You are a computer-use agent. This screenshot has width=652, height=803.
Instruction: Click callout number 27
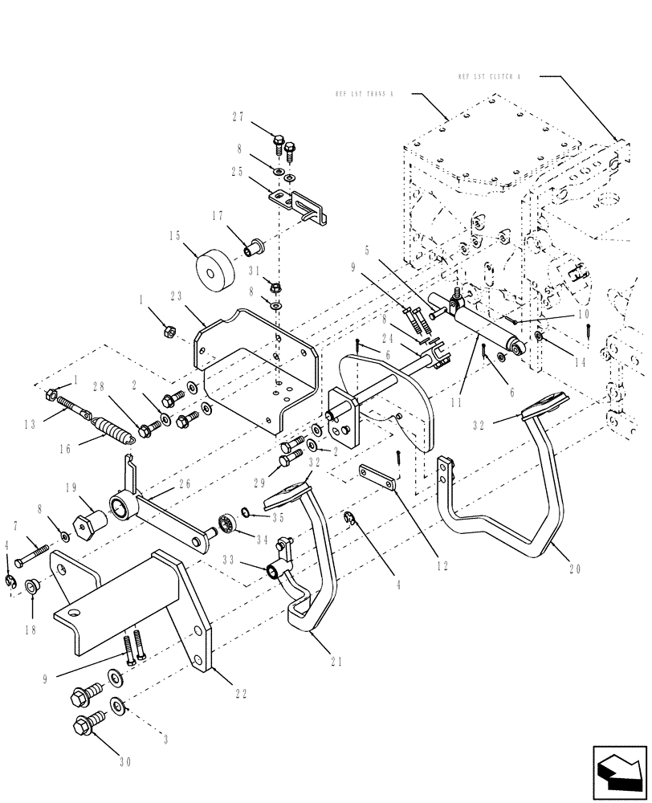(238, 117)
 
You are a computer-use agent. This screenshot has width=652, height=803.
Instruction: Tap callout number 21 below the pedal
(336, 662)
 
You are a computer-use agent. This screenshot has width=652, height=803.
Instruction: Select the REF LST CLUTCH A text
(489, 77)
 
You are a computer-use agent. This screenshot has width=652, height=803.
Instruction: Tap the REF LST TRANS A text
(365, 94)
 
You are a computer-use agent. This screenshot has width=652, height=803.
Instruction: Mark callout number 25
(238, 172)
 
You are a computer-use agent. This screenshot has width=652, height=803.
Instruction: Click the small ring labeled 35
(249, 514)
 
